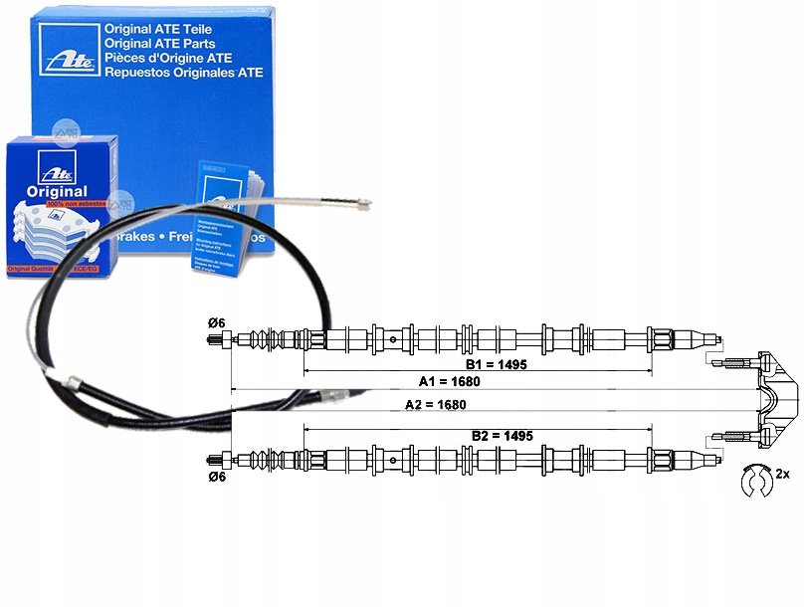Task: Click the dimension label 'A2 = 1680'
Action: (436, 404)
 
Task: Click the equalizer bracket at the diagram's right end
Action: (775, 396)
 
